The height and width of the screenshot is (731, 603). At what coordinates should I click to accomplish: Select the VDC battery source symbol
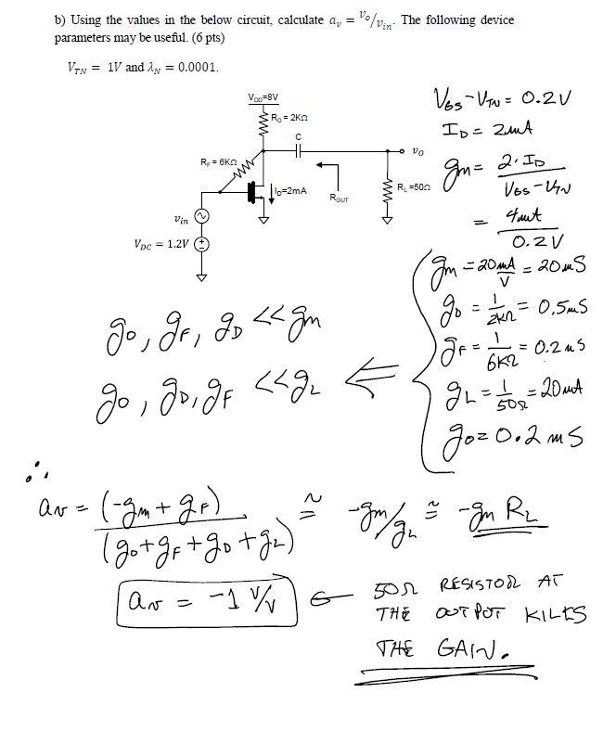200,244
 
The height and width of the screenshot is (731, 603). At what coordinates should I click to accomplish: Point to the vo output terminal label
419,150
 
